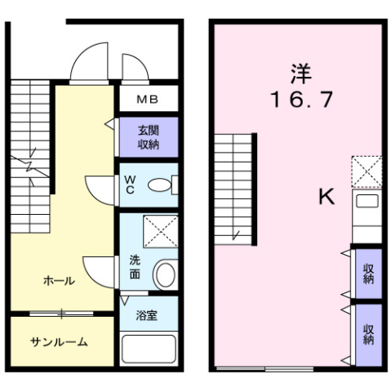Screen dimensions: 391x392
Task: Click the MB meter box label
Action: coord(147,100)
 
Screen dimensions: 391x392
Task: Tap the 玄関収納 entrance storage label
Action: coord(149,137)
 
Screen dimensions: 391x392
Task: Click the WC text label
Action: coord(130,185)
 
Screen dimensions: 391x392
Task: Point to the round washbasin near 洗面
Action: coord(164,274)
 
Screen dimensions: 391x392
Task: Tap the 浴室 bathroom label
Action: coord(147,315)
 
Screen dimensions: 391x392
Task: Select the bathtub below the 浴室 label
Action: coord(149,349)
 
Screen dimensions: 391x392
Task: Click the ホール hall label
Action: coord(59,281)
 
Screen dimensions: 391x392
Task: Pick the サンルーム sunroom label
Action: coord(59,342)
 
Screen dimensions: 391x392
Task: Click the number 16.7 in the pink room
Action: coord(301,100)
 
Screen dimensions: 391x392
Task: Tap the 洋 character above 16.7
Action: coord(301,73)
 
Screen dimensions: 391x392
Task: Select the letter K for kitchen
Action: coord(327,196)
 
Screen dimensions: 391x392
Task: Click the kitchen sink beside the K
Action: coord(367,202)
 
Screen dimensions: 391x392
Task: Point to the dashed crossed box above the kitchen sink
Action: coord(367,171)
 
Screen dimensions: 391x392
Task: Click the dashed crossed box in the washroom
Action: coord(161,231)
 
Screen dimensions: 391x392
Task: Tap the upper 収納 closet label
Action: coord(368,274)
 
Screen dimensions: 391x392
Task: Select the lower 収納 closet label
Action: coord(368,335)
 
